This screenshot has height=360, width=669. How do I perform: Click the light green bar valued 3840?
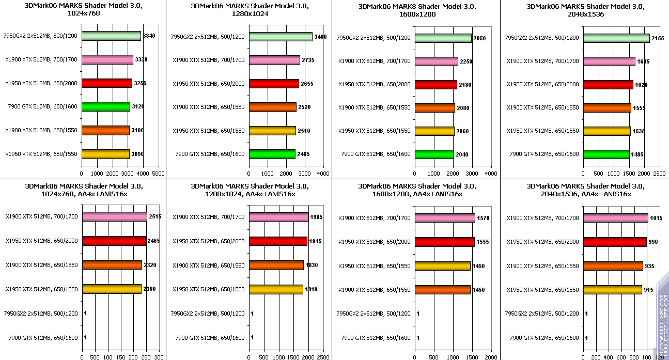pyautogui.click(x=111, y=36)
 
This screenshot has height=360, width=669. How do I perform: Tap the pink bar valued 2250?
pyautogui.click(x=436, y=61)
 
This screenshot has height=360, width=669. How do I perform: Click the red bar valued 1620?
pyautogui.click(x=608, y=85)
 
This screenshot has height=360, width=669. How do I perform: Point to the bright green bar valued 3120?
pyautogui.click(x=105, y=107)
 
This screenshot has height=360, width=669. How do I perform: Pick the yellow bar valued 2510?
pyautogui.click(x=272, y=131)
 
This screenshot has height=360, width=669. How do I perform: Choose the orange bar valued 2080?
pyautogui.click(x=434, y=108)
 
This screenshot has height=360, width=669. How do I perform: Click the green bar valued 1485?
pyautogui.click(x=606, y=154)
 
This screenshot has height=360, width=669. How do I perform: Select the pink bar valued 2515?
pyautogui.click(x=114, y=216)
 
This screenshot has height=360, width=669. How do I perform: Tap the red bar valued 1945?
pyautogui.click(x=278, y=241)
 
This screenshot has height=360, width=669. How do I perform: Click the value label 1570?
pyautogui.click(x=483, y=218)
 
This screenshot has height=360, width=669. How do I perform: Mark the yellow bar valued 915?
pyautogui.click(x=612, y=290)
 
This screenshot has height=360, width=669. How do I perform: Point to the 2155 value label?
pyautogui.click(x=658, y=38)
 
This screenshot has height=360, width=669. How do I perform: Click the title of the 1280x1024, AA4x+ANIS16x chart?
pyautogui.click(x=250, y=190)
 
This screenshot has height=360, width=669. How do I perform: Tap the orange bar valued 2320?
pyautogui.click(x=112, y=265)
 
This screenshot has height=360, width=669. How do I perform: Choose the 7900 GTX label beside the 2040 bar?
pyautogui.click(x=376, y=154)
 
